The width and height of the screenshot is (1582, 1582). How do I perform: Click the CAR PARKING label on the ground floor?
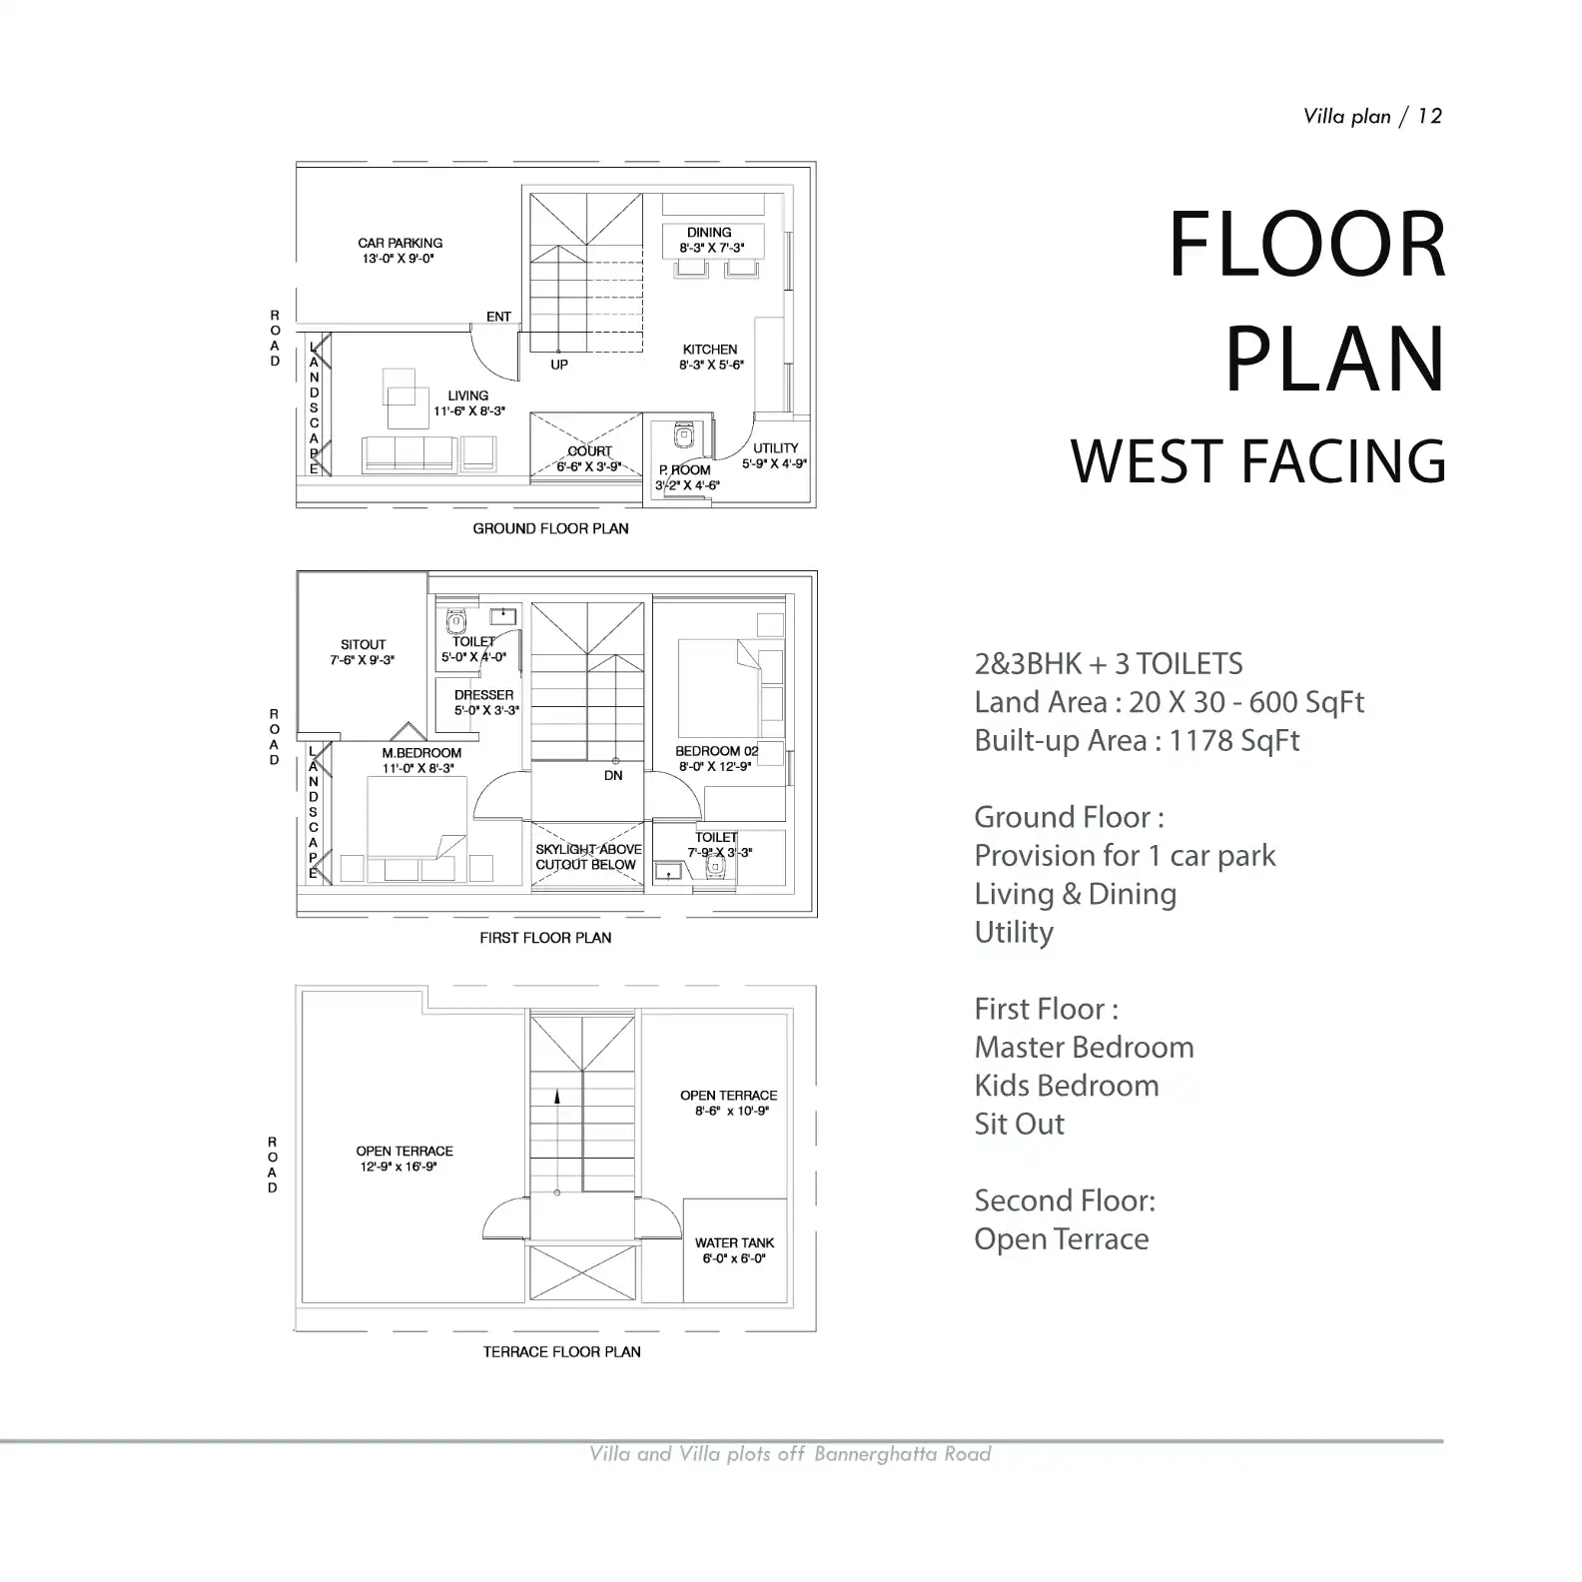pos(400,243)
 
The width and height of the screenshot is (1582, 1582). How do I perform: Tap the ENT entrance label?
pos(498,317)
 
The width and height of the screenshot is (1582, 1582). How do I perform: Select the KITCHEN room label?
pos(710,350)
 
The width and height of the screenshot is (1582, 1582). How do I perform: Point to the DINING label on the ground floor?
pos(709,233)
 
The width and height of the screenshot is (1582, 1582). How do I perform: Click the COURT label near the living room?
pos(589,451)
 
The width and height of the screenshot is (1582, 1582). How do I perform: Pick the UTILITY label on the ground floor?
pos(776,448)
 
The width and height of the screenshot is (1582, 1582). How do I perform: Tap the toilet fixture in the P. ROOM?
pos(684,436)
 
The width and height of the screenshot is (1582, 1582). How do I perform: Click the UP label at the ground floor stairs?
pos(559,365)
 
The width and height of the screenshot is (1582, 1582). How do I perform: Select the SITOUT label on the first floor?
pos(363,645)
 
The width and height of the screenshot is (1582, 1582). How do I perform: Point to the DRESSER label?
pos(484,695)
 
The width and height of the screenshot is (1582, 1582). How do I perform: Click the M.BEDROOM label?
pos(421,753)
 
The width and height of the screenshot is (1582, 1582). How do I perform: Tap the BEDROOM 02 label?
pos(717,751)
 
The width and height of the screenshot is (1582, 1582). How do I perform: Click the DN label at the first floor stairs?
pos(613,775)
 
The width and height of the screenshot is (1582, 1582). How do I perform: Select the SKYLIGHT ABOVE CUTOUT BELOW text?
pos(588,857)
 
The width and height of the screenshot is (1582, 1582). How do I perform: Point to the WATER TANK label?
pos(735,1243)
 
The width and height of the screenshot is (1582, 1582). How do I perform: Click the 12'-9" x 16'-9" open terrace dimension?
pos(399,1167)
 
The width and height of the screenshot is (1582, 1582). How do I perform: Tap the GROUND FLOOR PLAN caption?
pos(551,528)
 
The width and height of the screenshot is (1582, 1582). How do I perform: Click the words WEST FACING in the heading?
pos(1258,461)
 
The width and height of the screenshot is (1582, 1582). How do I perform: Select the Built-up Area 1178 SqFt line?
pos(1138,741)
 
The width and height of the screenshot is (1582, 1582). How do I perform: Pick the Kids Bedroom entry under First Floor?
pos(1067,1086)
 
